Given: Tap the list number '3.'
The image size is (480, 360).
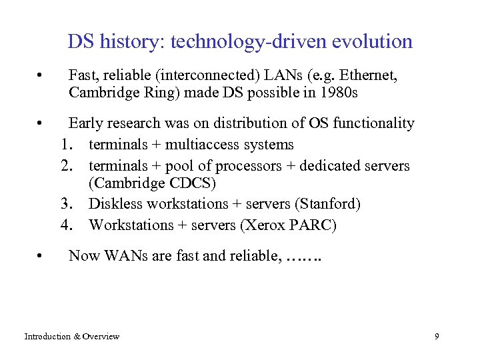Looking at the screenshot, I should coord(66,204).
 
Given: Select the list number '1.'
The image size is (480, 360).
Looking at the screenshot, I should coord(66,145).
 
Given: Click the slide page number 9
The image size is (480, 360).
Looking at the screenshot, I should coord(437,337).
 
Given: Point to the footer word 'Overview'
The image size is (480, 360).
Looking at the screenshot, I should coord(102,337).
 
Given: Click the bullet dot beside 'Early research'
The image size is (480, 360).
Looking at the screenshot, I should coord(41,123).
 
